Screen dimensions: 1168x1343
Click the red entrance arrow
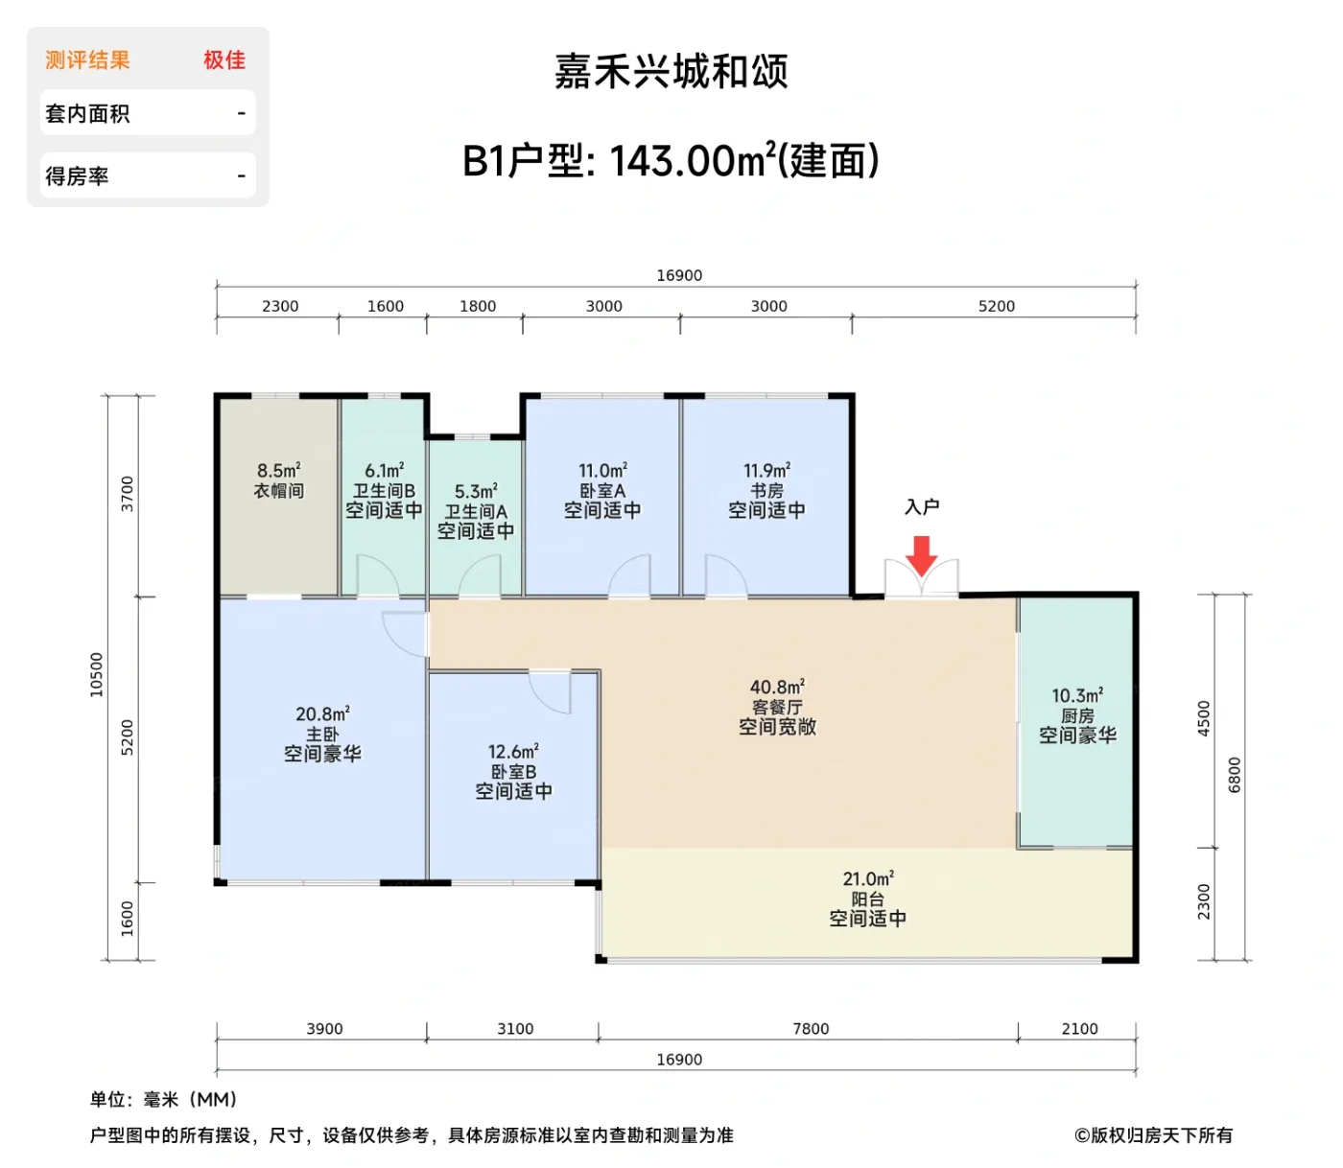[921, 554]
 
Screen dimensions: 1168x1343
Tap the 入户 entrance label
[922, 507]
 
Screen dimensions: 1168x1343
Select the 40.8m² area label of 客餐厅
[777, 687]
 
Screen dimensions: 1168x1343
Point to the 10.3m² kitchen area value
[1077, 695]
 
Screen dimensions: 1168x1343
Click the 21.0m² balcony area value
[868, 878]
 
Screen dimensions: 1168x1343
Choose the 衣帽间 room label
[279, 491]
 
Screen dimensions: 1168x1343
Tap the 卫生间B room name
[384, 491]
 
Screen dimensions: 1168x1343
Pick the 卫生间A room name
[476, 512]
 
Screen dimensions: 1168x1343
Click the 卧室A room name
[602, 491]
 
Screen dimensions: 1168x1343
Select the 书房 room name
[766, 491]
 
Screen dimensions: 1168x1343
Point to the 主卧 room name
[322, 735]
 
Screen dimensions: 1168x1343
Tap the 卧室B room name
[513, 772]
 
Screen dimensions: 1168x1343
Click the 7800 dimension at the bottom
[811, 1029]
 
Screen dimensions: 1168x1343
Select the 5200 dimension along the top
[996, 306]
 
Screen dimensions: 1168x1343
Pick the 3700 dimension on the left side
[128, 494]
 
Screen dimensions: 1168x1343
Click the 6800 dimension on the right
[1235, 775]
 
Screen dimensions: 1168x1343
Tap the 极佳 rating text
[224, 60]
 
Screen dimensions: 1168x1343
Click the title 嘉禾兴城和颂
[671, 72]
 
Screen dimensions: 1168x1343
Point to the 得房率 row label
[77, 176]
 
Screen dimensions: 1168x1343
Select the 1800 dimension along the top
[478, 306]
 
